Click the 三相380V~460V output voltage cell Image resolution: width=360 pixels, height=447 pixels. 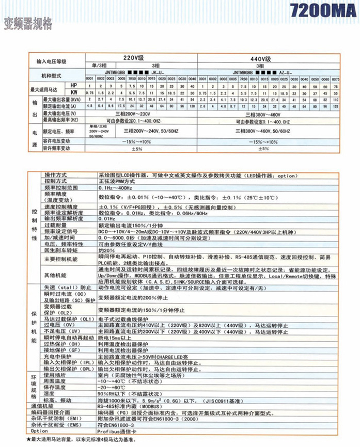pyautogui.click(x=269, y=113)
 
